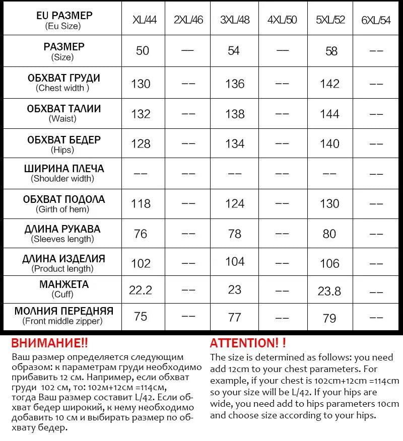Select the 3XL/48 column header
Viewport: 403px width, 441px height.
pos(234,20)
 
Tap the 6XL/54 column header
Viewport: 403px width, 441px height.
pos(376,21)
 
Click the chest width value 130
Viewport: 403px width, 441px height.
pos(141,84)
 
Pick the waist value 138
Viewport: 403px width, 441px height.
pos(235,114)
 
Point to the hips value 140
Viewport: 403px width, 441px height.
pos(329,143)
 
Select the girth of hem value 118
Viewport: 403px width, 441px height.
pos(141,203)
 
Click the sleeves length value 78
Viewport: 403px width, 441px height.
pos(235,234)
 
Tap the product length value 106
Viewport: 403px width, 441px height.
pos(329,263)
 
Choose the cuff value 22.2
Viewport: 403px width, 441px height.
pos(141,290)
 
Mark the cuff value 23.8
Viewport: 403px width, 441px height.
pos(329,290)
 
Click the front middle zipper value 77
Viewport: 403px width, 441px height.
pos(235,317)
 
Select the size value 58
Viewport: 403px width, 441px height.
pos(331,51)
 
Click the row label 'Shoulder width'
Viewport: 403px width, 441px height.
pos(62,178)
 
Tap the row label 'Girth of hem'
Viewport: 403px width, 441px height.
pos(62,209)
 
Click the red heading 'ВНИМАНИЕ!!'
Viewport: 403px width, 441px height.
pos(49,343)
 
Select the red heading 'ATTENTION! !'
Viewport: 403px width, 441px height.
pos(248,343)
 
